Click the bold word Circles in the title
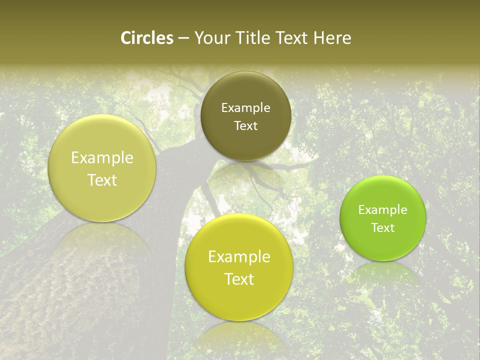click(146, 38)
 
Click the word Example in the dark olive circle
click(245, 108)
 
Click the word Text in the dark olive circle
click(245, 126)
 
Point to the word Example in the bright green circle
click(383, 210)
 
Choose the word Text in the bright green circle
click(383, 228)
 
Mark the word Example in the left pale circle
click(102, 158)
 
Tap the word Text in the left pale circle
click(102, 180)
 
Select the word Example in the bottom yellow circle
click(239, 257)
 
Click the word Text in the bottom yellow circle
click(239, 279)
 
